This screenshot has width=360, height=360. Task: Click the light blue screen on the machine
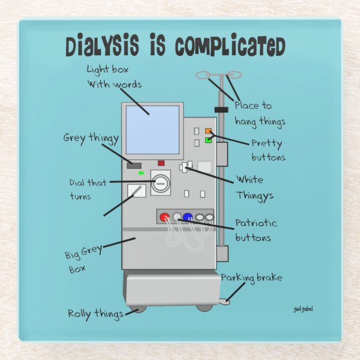[153, 130]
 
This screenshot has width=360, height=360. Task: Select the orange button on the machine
[209, 131]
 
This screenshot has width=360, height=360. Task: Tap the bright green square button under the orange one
[209, 140]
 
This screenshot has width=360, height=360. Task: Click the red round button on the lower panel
[165, 217]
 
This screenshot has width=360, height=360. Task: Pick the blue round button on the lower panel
[188, 217]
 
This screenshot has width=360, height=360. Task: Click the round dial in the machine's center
[160, 183]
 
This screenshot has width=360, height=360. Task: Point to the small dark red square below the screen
[161, 163]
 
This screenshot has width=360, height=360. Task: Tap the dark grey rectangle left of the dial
[134, 165]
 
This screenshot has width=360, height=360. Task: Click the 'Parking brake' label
[251, 278]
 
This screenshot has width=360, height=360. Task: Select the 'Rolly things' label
[96, 314]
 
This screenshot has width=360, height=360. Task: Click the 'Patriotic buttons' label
[255, 230]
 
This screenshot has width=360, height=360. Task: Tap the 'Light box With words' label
[113, 77]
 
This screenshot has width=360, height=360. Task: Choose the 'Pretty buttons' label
[268, 150]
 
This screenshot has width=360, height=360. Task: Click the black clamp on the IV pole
[222, 110]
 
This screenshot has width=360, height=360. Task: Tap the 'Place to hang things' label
[259, 113]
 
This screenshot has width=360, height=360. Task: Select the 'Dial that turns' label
[88, 189]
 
